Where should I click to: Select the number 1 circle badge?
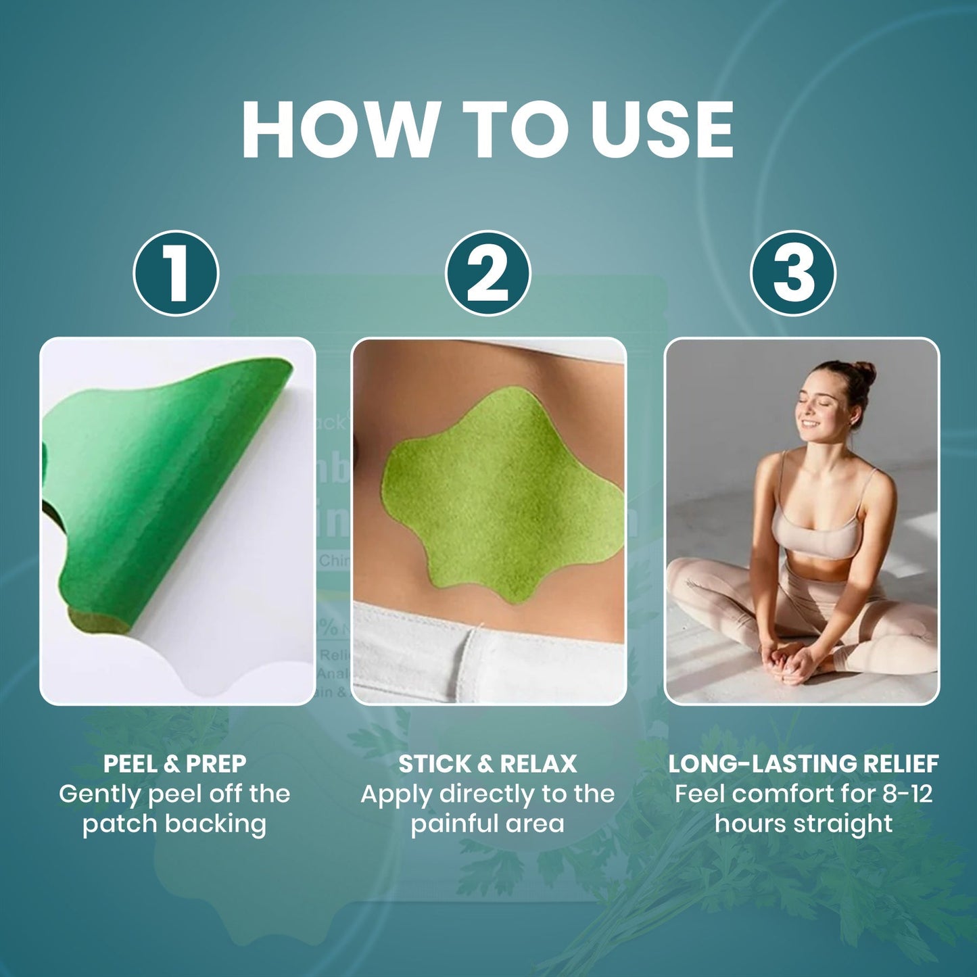[176, 273]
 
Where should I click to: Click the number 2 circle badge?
[487, 273]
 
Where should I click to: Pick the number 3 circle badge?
[793, 273]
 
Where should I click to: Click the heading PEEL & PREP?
[174, 764]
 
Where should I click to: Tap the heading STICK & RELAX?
[487, 764]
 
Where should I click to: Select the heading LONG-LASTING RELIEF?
[803, 764]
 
